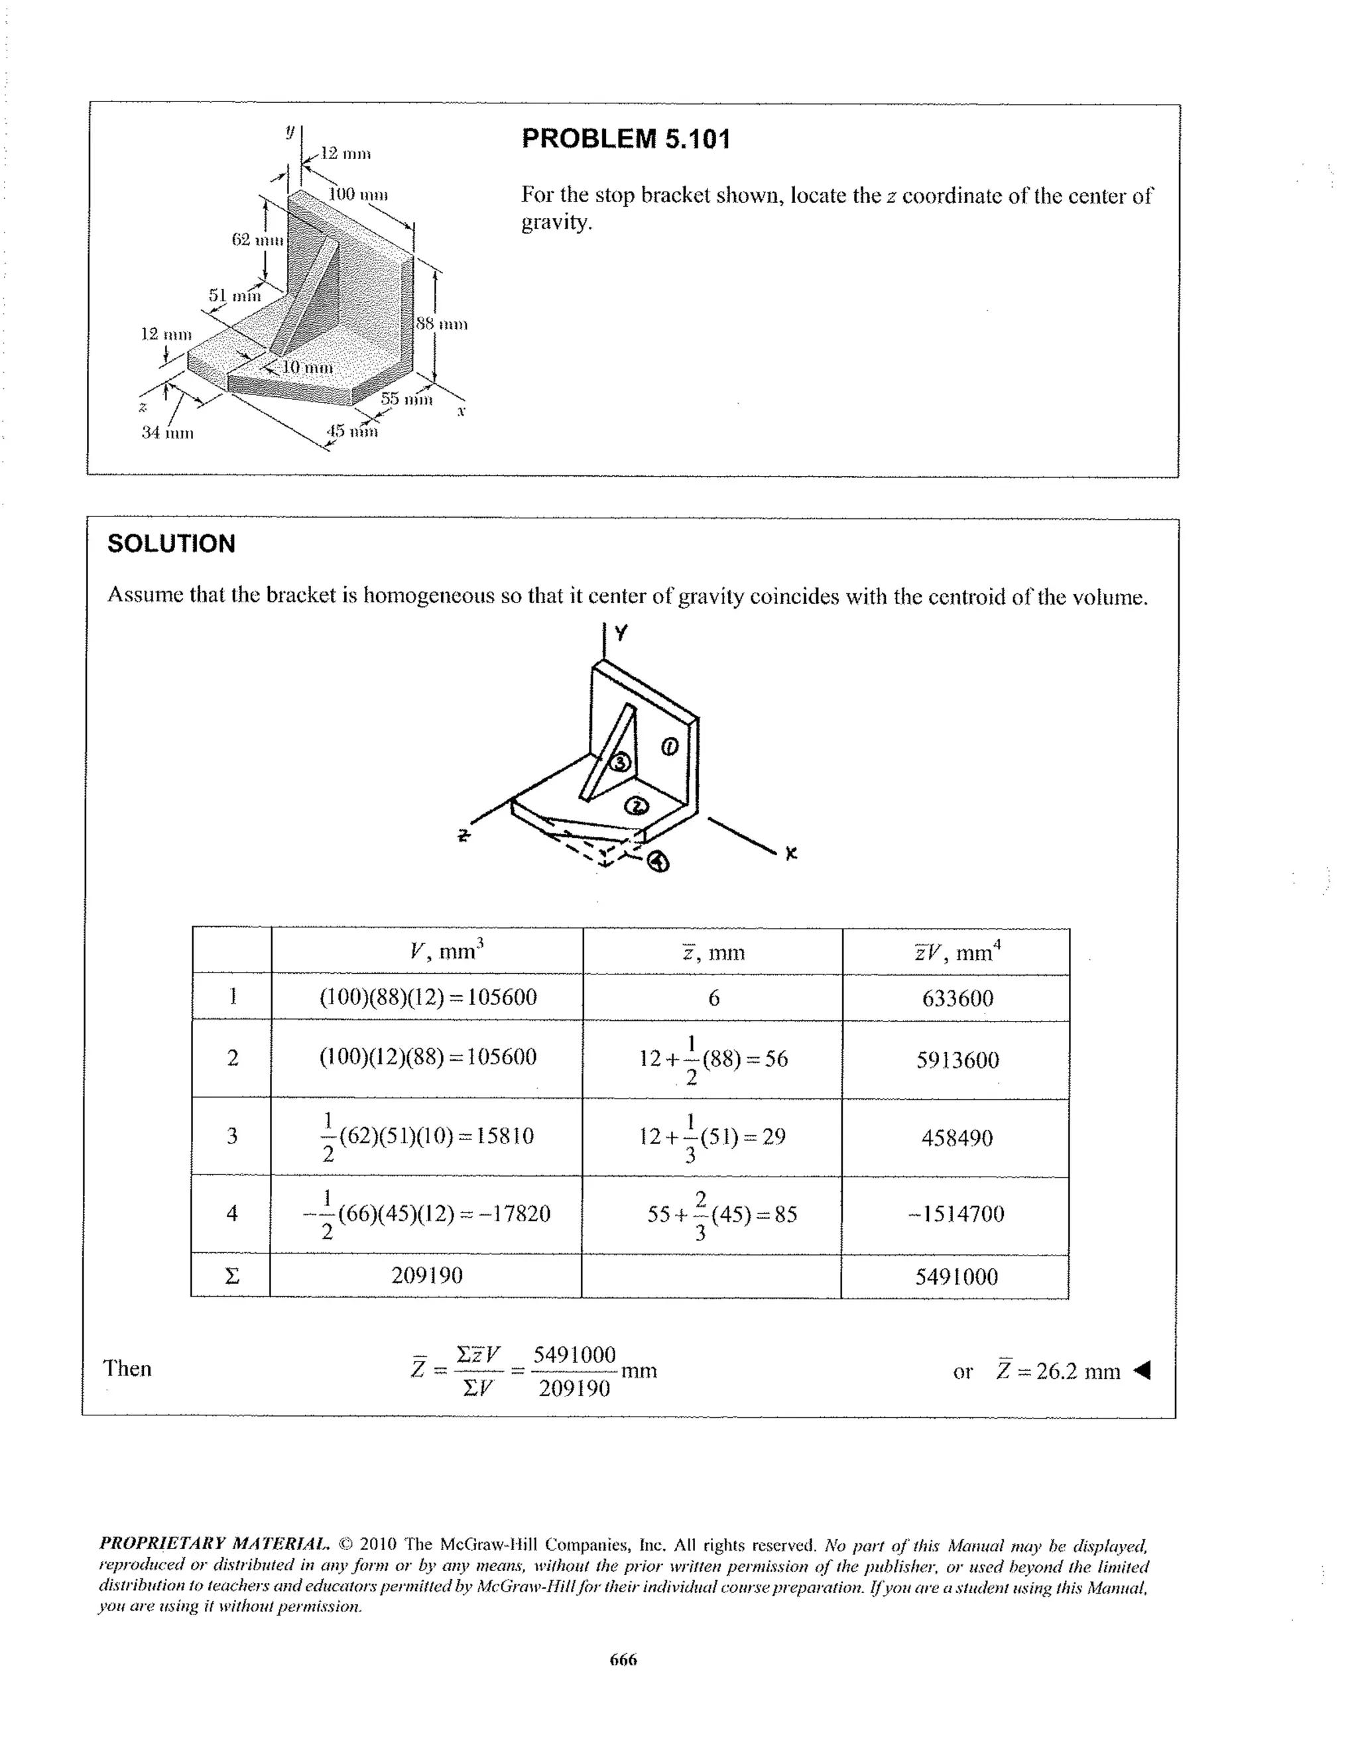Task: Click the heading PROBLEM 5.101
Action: tap(625, 139)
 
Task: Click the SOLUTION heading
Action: tap(171, 544)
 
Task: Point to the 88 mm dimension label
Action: tap(442, 324)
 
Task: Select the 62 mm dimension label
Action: tap(257, 239)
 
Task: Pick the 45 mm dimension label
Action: tap(352, 431)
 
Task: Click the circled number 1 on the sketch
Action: tap(670, 747)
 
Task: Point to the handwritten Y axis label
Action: tap(620, 633)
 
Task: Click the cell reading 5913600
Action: tap(957, 1060)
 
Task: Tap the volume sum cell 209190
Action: tap(427, 1275)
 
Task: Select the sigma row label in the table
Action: tap(231, 1276)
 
